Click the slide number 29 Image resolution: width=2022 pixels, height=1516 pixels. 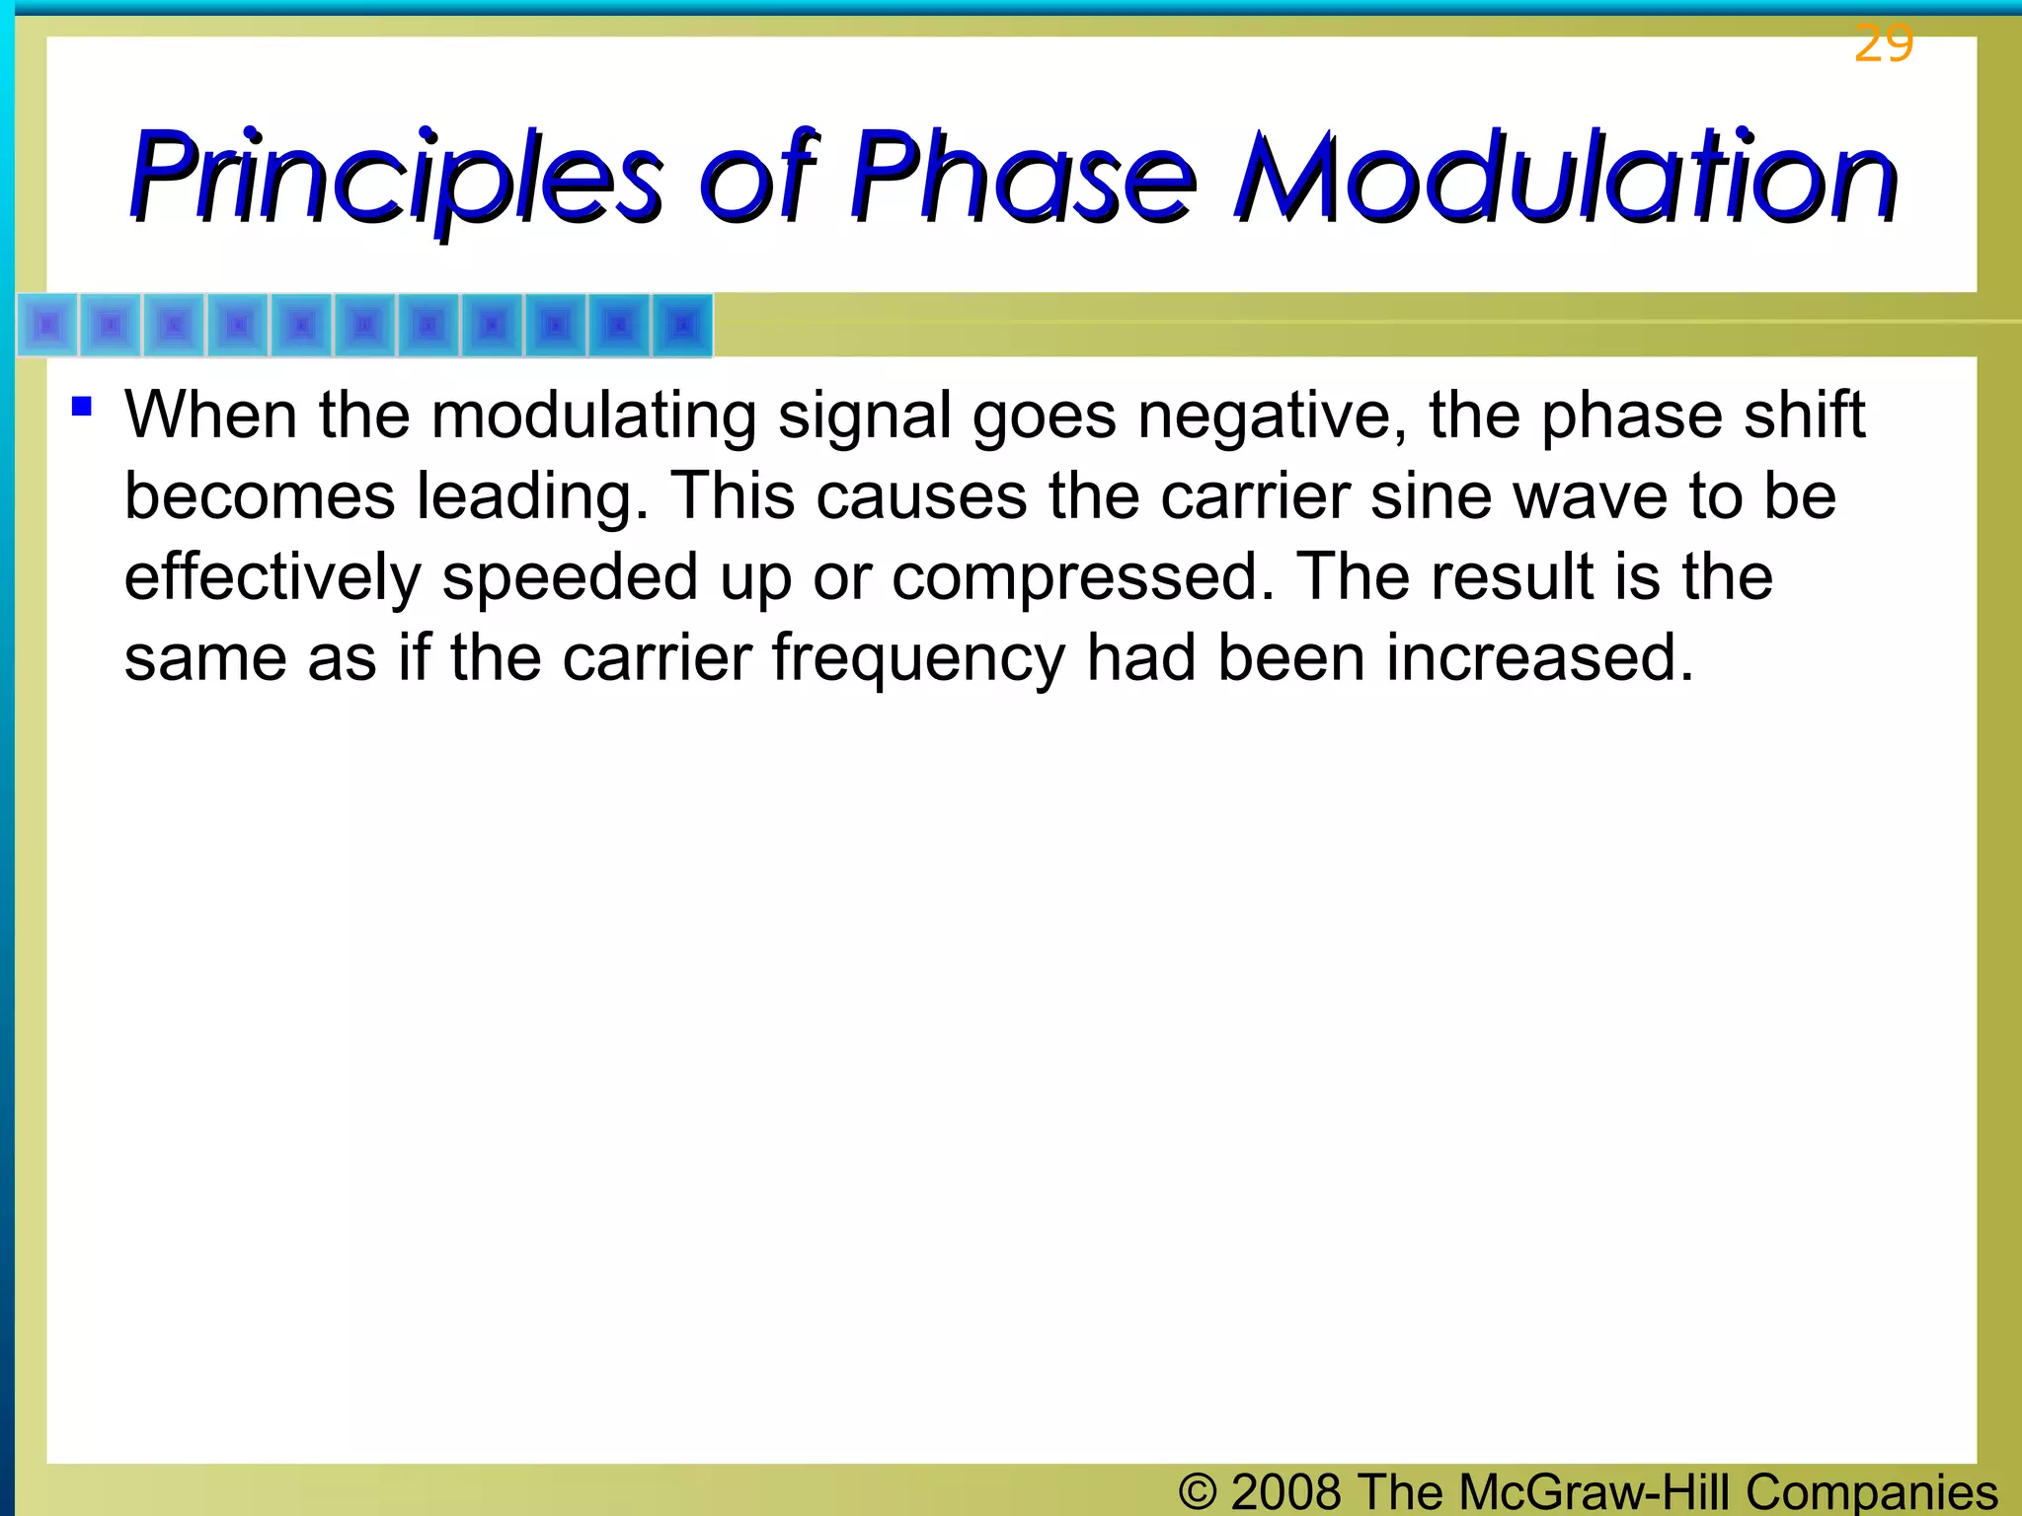click(1883, 44)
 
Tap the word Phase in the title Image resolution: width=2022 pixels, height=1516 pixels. click(1022, 178)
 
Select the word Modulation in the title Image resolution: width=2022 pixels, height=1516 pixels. click(1565, 178)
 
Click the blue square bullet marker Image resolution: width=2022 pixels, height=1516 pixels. click(82, 406)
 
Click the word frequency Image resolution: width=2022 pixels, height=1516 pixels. click(918, 659)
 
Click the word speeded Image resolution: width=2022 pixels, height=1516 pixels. click(570, 577)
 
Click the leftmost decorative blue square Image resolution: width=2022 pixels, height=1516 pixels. click(47, 325)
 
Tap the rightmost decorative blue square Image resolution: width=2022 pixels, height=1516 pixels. click(682, 325)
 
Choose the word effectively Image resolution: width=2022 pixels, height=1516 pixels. click(272, 577)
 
